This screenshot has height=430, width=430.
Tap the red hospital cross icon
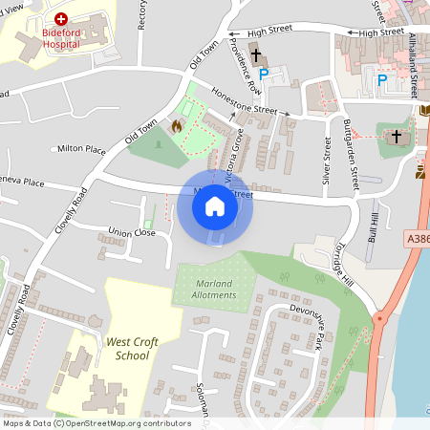pos(61,18)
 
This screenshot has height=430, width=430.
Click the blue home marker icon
pos(215,206)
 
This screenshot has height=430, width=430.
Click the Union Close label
pos(132,232)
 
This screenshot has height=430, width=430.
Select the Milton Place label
pos(81,149)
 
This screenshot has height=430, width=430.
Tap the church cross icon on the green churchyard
pos(396,137)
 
